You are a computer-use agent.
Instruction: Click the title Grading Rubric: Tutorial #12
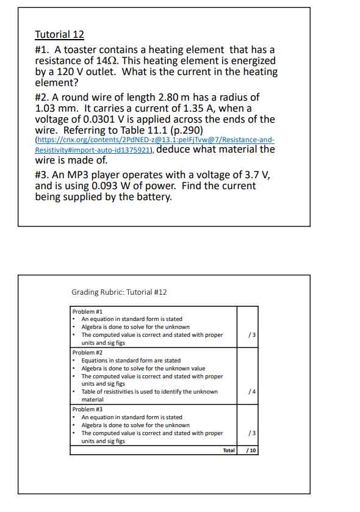(x=119, y=292)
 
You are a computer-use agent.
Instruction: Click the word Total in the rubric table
(x=228, y=450)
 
